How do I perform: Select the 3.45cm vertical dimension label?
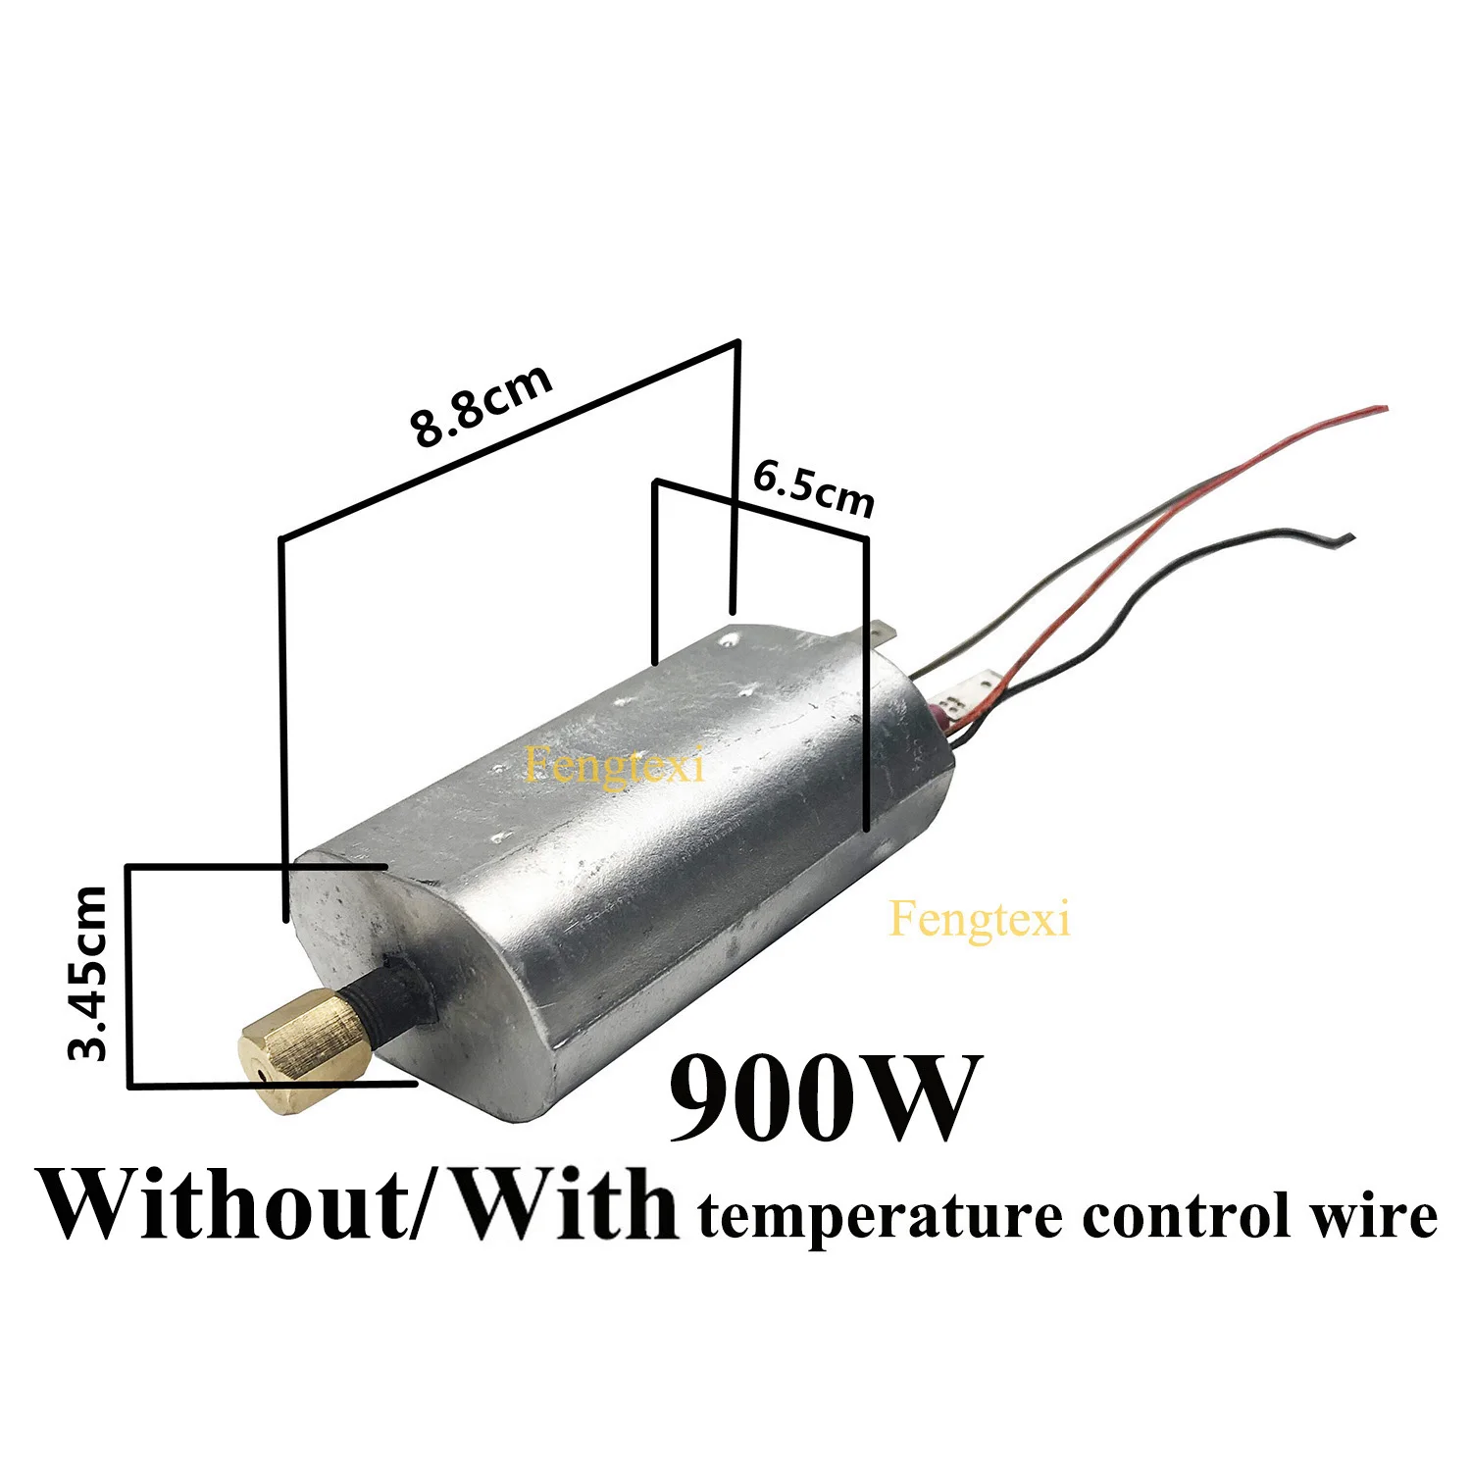[x=88, y=972]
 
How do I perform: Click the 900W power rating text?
[x=824, y=1097]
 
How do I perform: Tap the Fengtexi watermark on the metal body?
[x=614, y=764]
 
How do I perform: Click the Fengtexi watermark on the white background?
[x=979, y=919]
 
